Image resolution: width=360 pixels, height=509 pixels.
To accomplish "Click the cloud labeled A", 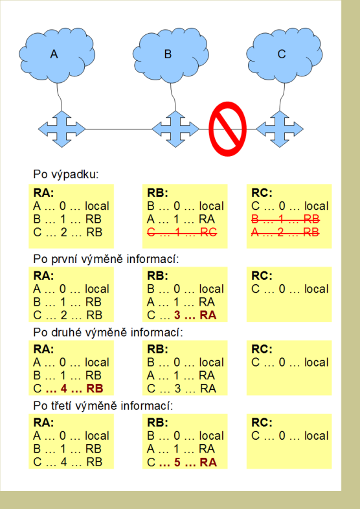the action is coord(57,55).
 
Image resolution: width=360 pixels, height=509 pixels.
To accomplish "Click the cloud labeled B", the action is coord(171,55).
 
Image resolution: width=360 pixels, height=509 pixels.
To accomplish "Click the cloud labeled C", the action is coord(284,55).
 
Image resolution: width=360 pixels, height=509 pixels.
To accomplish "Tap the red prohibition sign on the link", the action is coord(227,129).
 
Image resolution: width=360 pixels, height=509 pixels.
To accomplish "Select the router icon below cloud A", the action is coord(62,129).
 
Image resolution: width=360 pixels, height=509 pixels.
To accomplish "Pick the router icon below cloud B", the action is coord(175,129).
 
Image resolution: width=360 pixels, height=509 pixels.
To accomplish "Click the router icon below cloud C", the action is coord(280,129).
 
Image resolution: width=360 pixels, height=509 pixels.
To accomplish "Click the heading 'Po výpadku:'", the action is coord(65,175).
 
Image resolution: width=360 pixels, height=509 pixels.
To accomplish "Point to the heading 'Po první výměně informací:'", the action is coord(106,259).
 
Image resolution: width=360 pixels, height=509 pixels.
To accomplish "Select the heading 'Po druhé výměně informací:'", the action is coord(108,332).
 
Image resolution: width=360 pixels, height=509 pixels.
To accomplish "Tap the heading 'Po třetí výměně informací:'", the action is coord(103,406).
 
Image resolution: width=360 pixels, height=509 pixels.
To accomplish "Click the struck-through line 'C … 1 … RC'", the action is coord(182,232).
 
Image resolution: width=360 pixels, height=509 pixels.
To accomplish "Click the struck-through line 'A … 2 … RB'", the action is coord(286,232).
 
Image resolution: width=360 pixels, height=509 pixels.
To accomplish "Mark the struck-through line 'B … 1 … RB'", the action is coord(286,220).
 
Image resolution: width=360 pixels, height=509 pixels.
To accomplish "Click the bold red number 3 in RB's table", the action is coord(177,315).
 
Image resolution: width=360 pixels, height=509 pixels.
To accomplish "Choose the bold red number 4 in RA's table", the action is coord(63,389).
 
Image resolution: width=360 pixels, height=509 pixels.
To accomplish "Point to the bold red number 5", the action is coord(177,462).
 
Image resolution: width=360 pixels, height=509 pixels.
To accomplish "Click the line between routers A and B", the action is coord(118,129).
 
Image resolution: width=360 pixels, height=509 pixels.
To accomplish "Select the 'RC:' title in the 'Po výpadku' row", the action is coord(262,193).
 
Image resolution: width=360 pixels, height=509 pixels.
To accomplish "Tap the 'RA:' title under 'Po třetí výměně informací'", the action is coord(43,422).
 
